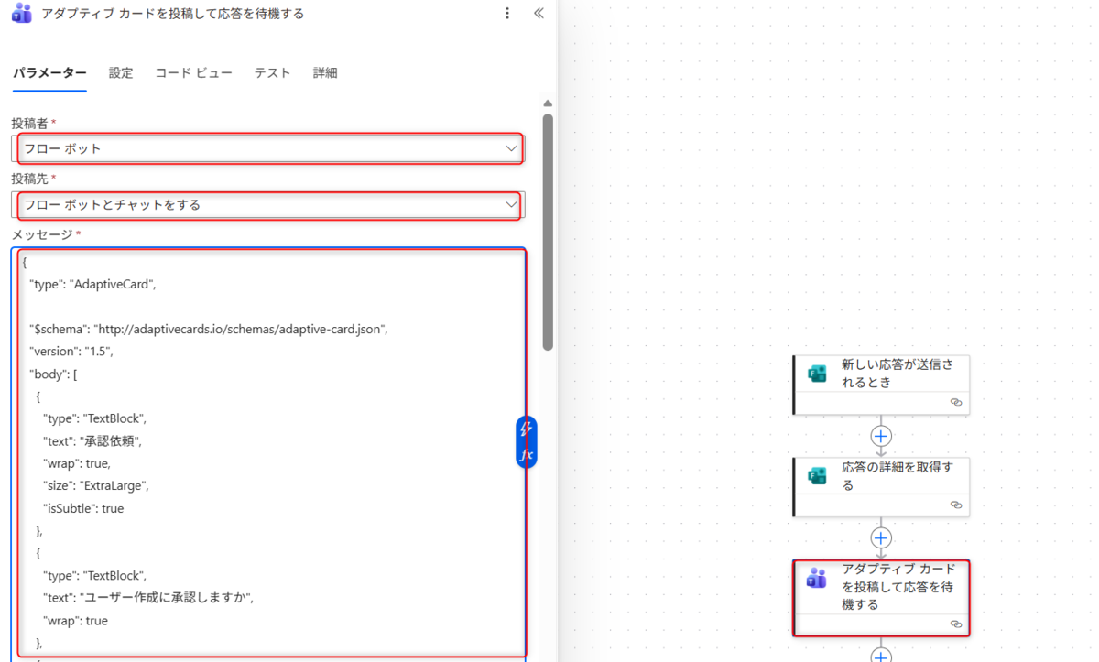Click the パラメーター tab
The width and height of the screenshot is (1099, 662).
(x=49, y=73)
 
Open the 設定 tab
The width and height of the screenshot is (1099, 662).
(x=121, y=73)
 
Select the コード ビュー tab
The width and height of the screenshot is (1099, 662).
(x=194, y=73)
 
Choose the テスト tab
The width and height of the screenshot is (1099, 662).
(x=272, y=73)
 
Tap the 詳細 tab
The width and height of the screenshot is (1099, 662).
(x=325, y=73)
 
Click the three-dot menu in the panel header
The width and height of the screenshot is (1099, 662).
(x=507, y=13)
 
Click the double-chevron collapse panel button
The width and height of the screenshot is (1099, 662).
(x=539, y=13)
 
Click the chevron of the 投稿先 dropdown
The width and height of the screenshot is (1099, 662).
(x=511, y=204)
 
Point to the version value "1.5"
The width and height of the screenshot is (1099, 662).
(x=98, y=351)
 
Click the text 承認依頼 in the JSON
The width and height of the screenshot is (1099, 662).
(x=109, y=440)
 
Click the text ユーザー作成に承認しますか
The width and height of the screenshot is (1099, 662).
(x=167, y=598)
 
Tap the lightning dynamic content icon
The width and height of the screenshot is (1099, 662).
(x=526, y=429)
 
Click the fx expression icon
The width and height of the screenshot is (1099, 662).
(x=527, y=454)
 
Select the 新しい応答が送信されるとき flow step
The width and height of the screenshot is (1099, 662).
(x=881, y=385)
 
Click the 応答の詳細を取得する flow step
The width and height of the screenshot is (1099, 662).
(x=881, y=487)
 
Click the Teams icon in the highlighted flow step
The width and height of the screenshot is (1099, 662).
(x=816, y=578)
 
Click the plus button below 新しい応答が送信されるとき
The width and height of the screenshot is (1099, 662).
(x=881, y=436)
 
